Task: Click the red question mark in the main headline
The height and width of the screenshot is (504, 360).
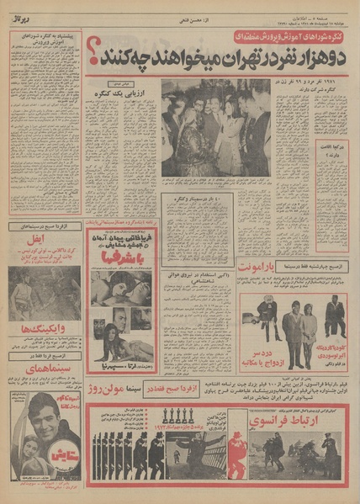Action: click(92, 59)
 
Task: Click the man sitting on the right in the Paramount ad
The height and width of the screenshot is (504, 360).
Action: click(333, 319)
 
